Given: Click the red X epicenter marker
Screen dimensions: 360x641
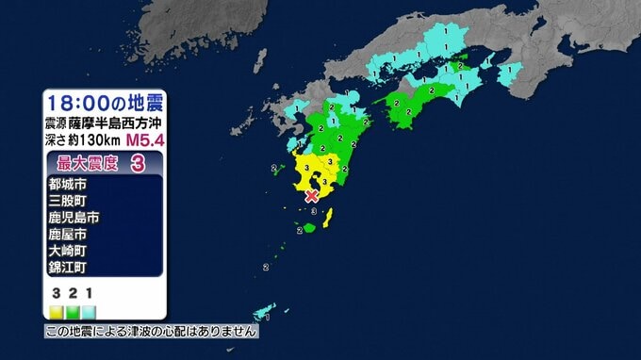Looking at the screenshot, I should tap(312, 196).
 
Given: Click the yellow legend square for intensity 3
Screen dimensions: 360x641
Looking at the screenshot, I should tap(57, 309).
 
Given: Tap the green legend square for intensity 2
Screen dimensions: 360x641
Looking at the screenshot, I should tap(73, 309).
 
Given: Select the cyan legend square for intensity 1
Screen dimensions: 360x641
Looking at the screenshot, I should tap(88, 309).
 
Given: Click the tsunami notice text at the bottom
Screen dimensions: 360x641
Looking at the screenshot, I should tap(151, 332).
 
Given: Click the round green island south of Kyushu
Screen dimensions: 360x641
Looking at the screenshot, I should tap(309, 227).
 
